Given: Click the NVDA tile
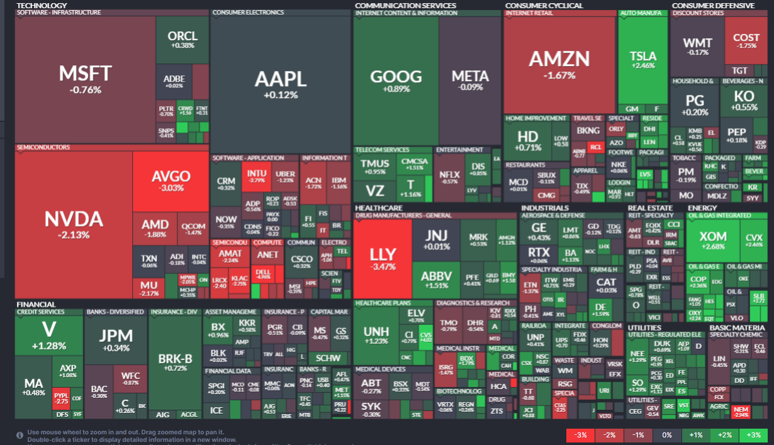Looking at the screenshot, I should point(73,224).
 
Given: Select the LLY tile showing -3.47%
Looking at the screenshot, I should point(383,258).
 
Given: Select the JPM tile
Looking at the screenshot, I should point(115,339).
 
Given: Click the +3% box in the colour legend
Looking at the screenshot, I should point(753,435).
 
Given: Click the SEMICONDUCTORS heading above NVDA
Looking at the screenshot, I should point(43,148).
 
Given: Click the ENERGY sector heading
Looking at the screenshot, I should point(702,207).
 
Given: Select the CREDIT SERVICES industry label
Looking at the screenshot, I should point(41,312).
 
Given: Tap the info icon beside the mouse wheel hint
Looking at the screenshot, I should point(20,434).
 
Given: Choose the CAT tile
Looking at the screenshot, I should point(606,283).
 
